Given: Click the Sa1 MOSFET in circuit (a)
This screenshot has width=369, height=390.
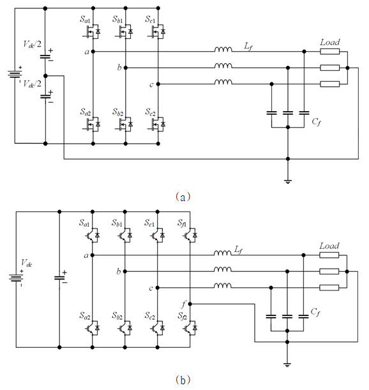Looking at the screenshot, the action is (x=91, y=31).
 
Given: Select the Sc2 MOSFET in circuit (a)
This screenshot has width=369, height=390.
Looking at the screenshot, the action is (x=157, y=124).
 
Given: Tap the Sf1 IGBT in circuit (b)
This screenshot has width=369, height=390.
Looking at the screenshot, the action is (x=190, y=235).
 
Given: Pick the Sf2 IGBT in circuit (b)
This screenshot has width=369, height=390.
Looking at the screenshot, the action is (x=190, y=328).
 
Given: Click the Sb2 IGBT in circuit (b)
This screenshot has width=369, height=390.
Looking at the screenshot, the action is (x=125, y=328).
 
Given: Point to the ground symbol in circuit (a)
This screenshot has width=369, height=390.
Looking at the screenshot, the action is (x=288, y=181).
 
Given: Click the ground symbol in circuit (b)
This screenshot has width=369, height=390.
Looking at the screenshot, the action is (x=287, y=365).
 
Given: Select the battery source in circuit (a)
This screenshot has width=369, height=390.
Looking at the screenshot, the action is (x=15, y=74).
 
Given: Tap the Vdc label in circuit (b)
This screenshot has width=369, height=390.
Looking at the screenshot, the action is (x=26, y=263).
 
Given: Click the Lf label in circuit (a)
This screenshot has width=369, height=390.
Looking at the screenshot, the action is (x=248, y=46).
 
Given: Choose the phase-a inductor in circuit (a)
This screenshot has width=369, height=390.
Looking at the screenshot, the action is (x=223, y=50).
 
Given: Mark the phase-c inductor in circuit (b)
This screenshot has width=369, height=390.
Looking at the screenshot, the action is (x=223, y=285).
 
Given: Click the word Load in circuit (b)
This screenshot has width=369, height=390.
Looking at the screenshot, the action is (x=329, y=246).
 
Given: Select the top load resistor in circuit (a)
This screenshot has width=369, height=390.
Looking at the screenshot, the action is (x=329, y=52).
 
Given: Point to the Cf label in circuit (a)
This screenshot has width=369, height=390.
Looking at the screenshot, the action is (x=316, y=122).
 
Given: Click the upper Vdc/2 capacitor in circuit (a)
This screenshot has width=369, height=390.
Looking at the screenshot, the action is (x=45, y=57).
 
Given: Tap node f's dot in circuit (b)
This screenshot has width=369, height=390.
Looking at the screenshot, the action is (x=190, y=304).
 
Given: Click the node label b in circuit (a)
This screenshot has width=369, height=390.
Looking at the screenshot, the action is (x=119, y=68).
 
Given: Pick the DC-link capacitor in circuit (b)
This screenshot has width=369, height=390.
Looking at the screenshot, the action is (x=59, y=278).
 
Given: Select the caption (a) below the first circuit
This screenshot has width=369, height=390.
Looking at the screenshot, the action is (x=183, y=197).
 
